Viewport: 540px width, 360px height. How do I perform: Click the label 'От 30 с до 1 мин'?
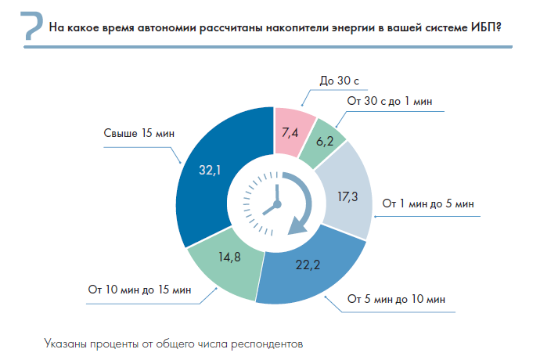pos(390,102)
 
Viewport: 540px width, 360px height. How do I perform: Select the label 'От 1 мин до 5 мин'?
pos(428,203)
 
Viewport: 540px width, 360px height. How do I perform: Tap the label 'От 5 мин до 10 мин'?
pos(397,299)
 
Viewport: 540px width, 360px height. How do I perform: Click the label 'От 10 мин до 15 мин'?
pos(139,290)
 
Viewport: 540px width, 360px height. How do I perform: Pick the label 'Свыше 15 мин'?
pos(139,133)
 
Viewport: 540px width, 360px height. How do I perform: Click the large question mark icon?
pos(28,26)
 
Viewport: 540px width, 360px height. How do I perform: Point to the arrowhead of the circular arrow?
pos(297,226)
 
